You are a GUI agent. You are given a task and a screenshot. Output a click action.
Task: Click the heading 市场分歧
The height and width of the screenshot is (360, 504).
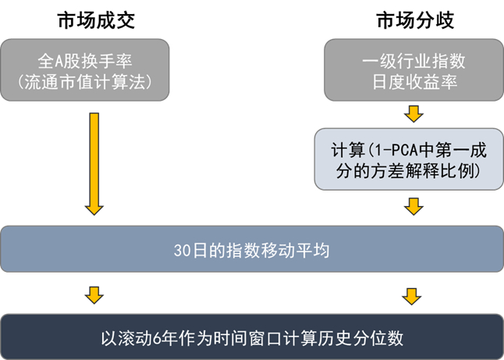(x=413, y=20)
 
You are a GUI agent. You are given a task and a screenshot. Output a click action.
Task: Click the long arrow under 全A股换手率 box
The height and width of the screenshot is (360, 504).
(x=94, y=163)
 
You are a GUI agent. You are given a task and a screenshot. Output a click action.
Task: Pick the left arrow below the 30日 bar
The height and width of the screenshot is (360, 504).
(x=94, y=295)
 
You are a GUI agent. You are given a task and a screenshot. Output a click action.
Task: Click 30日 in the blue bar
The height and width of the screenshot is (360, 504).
(x=186, y=250)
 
